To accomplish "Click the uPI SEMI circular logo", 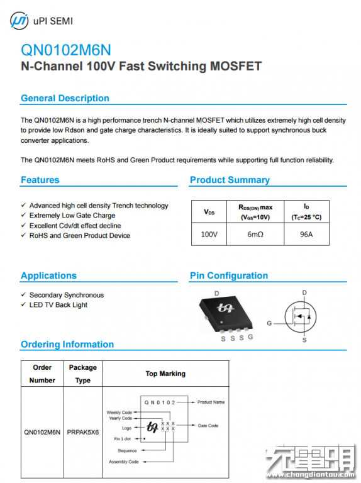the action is [19, 21].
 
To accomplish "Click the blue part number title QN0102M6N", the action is [66, 50].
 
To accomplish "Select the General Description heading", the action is [65, 98].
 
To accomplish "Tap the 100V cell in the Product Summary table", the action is [209, 235].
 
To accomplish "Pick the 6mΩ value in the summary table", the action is [255, 235].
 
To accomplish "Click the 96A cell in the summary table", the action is [306, 235].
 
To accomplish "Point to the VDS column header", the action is [209, 212].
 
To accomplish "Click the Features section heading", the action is [40, 180].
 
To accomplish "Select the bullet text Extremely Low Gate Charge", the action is [72, 215].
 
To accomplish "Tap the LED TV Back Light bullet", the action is [58, 305].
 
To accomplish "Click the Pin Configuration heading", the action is [229, 275].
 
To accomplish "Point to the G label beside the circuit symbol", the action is [269, 323].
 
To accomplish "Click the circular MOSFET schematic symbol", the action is [301, 317].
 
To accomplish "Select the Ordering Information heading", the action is [67, 345].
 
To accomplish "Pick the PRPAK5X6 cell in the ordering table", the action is [83, 432].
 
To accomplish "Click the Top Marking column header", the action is [165, 374].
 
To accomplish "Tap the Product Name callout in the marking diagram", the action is [211, 402].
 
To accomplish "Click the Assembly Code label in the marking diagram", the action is [124, 462].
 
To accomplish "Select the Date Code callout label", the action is [208, 426].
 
